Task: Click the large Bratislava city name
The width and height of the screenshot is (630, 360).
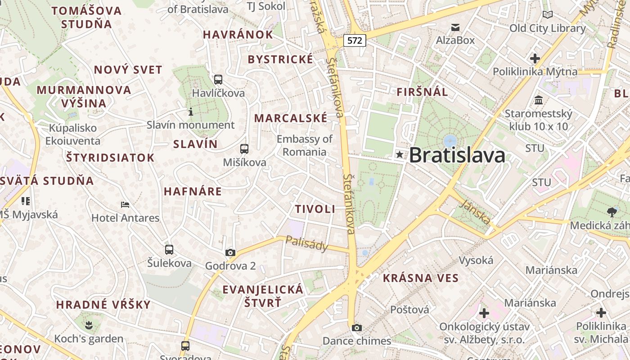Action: coord(457,156)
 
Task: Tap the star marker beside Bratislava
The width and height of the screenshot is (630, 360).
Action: coord(399,155)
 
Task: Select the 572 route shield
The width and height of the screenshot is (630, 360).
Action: coord(355,40)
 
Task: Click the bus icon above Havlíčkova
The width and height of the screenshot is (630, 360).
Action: coord(218,80)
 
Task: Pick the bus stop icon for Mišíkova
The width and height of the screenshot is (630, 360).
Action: coord(244,148)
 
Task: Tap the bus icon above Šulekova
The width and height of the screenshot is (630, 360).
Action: coord(169,249)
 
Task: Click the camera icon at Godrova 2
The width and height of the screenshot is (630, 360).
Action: coord(230,252)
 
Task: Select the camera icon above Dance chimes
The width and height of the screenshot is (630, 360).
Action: coord(357,328)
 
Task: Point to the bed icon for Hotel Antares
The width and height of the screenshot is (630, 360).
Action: coord(125,205)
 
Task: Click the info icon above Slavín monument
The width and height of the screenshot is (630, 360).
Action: coord(191,111)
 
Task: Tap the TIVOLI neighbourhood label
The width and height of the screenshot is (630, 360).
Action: coord(315,209)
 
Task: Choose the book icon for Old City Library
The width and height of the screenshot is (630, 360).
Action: coord(547,15)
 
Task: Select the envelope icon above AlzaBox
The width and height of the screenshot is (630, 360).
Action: coord(455,27)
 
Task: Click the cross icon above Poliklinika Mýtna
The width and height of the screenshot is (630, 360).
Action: coord(535,58)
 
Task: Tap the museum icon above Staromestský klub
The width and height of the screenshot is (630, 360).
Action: coord(538,100)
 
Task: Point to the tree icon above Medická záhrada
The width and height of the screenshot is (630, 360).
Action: coord(612,211)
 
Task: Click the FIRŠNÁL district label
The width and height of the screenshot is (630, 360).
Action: coord(422,92)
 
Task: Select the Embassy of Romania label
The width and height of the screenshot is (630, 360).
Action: coord(305,145)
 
